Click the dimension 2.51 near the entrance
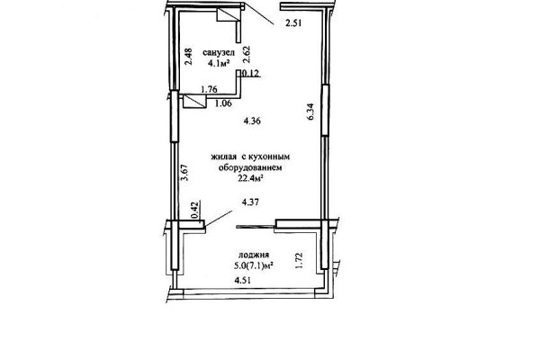tap(293, 23)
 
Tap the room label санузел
tap(219, 53)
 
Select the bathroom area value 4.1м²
tap(219, 63)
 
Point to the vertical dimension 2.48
tap(188, 57)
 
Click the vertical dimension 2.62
tap(247, 55)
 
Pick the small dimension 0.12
tap(251, 74)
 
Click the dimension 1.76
tap(209, 89)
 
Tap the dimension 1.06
tap(223, 103)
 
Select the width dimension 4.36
tap(252, 121)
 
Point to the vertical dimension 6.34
tap(310, 112)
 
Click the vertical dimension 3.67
tap(185, 173)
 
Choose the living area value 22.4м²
tap(251, 178)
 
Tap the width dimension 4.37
tap(250, 202)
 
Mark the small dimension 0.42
tap(195, 211)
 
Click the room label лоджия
tap(254, 256)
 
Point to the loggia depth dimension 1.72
tap(300, 261)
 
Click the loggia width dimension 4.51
tap(243, 281)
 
